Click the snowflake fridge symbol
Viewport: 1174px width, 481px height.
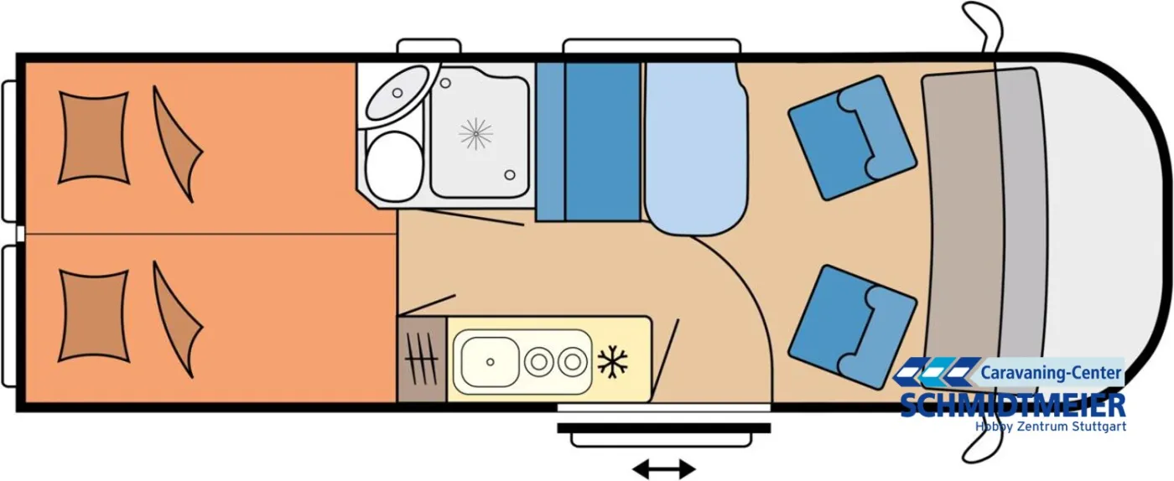(612, 361)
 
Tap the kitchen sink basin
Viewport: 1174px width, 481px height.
(490, 361)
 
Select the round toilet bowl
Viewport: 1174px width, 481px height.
(394, 166)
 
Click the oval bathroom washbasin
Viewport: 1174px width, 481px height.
(397, 93)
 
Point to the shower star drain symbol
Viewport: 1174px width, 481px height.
(476, 133)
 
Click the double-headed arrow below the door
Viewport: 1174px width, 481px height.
(663, 468)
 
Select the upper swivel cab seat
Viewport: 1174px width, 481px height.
(852, 137)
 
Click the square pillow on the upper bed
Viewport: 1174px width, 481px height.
(94, 137)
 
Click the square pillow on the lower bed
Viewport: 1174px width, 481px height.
(94, 316)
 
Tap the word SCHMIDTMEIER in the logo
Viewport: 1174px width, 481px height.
(1013, 405)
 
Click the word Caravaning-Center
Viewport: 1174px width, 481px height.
(1050, 374)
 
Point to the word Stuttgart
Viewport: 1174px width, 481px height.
(1099, 427)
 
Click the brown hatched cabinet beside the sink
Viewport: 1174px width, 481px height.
(422, 359)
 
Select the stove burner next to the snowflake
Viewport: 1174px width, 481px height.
(572, 361)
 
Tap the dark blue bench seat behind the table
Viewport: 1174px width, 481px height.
(603, 142)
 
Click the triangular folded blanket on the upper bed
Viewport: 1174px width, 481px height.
(177, 144)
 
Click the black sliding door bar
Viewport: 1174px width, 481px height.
(664, 428)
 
